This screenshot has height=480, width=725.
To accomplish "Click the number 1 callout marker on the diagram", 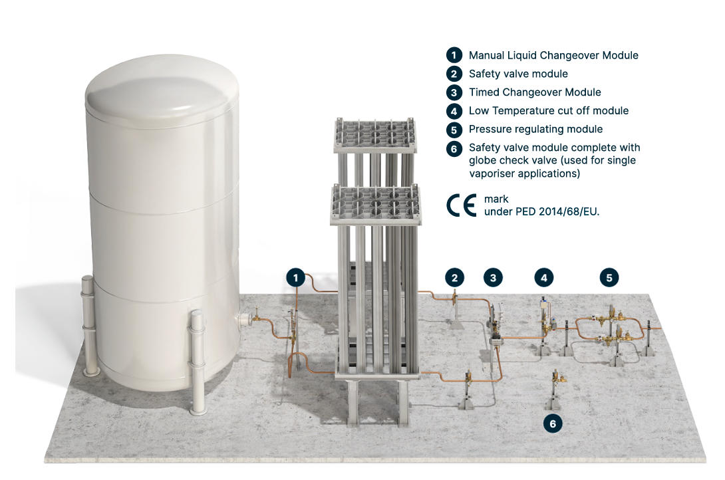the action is tap(296, 278).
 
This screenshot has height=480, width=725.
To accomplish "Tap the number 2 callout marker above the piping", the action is tap(454, 278).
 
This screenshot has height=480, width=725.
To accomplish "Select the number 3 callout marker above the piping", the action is tap(493, 278).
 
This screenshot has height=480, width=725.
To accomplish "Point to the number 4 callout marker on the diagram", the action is tap(544, 278).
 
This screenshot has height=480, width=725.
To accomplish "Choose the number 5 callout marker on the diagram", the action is tap(609, 278).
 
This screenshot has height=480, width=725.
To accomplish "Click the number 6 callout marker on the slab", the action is tap(553, 423).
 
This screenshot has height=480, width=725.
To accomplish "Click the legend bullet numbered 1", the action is tap(454, 55).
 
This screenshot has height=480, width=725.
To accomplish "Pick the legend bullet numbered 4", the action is tap(454, 111).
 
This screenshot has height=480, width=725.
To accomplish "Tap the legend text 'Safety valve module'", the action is tap(518, 74).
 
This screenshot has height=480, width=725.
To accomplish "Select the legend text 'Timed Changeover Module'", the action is tap(535, 92).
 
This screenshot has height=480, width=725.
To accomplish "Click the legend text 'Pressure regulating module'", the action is tap(536, 130).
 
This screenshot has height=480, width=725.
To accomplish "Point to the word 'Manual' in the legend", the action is tap(486, 55).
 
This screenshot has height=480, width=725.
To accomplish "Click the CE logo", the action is tap(462, 205).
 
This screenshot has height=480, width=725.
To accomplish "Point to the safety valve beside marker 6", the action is tap(557, 378).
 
